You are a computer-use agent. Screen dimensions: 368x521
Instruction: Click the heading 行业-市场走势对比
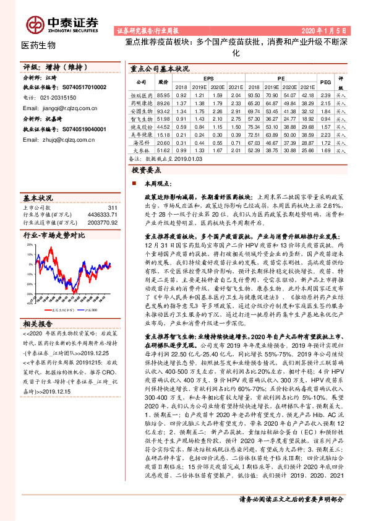[53, 236]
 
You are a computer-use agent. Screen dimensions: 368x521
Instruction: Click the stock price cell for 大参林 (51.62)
[164, 150]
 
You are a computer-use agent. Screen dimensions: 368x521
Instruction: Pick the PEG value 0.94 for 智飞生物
[326, 118]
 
